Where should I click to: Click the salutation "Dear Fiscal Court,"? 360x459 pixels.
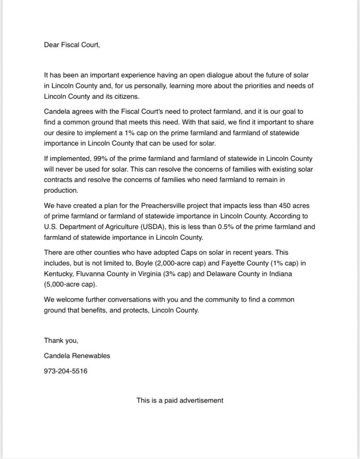(x=72, y=45)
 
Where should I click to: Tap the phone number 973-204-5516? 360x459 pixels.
(x=65, y=371)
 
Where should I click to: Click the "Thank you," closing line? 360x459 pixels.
(x=61, y=341)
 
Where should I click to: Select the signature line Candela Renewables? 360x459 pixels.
(x=77, y=356)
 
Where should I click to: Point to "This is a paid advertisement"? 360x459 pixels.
(x=180, y=400)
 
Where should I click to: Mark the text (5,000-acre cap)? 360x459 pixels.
(x=70, y=284)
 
